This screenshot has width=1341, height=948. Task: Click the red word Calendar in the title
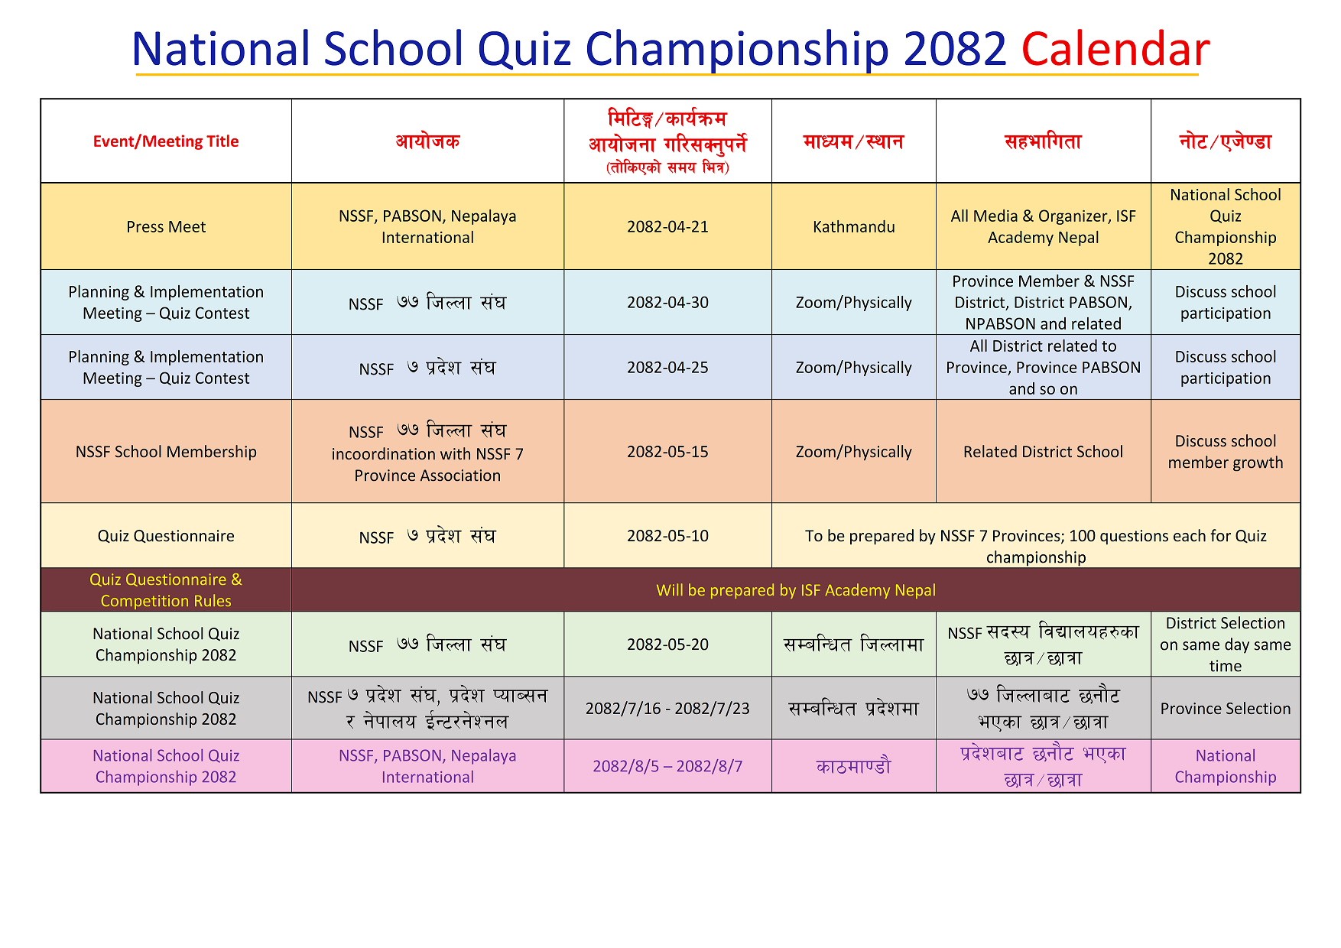point(1115,49)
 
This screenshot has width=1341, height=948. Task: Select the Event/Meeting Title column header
point(166,141)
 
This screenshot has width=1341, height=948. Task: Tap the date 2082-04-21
point(667,227)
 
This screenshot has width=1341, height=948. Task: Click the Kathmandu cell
point(854,227)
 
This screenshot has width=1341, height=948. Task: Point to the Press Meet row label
point(166,227)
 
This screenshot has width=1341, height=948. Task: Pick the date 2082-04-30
point(667,303)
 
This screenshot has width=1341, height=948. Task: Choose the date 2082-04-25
point(667,368)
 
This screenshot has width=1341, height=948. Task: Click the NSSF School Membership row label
point(166,452)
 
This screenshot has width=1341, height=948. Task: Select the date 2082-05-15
point(667,452)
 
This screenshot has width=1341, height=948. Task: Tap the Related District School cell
point(1043,452)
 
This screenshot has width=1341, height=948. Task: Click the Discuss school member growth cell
point(1226,452)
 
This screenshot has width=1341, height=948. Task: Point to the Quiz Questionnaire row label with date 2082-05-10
point(166,536)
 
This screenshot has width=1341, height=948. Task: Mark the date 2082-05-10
point(667,536)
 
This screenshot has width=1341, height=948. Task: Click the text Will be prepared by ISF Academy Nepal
point(796,590)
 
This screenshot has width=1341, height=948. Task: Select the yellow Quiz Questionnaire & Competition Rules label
point(166,590)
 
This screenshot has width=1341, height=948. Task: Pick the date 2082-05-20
point(667,644)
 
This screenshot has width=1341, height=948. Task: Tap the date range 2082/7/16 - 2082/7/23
point(667,709)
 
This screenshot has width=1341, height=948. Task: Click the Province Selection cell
point(1226,709)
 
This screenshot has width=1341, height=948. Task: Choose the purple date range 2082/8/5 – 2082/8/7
point(667,766)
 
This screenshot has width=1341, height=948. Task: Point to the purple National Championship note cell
point(1226,766)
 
